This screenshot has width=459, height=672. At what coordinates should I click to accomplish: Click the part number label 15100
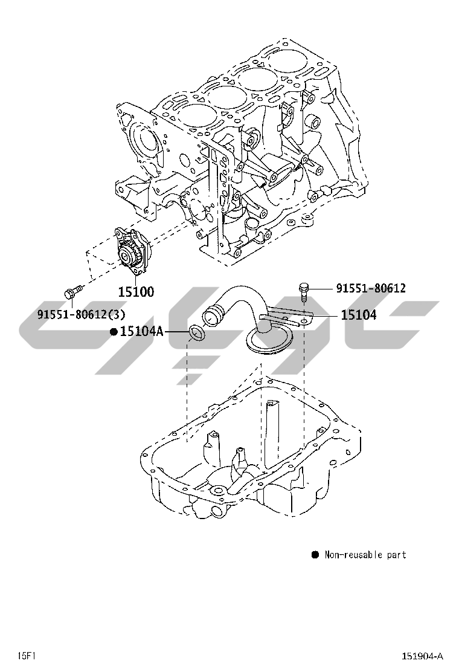135,292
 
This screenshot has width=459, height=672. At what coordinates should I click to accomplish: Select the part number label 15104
358,315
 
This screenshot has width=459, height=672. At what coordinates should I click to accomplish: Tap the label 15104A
142,331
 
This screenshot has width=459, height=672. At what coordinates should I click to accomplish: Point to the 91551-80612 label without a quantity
371,288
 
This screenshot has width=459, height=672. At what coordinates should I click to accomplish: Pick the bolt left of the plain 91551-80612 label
304,290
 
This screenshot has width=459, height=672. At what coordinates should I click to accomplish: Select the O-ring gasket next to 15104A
197,333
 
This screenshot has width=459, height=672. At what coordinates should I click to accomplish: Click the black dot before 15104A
113,331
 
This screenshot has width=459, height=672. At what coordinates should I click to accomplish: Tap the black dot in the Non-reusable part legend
315,554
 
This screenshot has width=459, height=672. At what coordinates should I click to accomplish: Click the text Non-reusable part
365,555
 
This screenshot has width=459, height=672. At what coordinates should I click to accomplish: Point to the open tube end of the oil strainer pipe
212,315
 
